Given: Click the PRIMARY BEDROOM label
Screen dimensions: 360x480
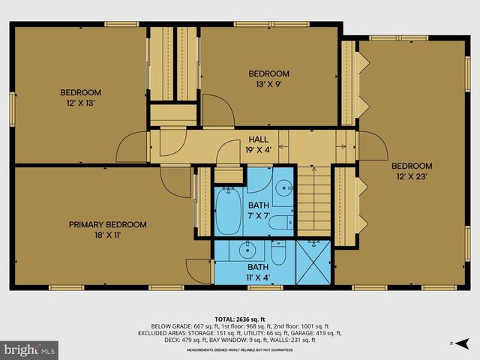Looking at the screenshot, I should point(107,224).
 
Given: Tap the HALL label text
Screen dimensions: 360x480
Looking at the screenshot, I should point(258,139).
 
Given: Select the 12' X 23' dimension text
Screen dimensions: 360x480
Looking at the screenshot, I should point(412,177).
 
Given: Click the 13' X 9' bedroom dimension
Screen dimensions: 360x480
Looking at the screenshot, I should point(268,85).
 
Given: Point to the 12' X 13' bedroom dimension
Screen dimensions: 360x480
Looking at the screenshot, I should point(80,103).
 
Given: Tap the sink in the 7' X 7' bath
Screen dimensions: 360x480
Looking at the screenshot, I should point(283,188).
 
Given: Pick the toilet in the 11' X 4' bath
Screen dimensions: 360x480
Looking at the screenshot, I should point(277,253).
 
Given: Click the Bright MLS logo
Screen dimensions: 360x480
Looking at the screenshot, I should point(30,349).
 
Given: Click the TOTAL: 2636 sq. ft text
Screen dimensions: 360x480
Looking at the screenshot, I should point(239,317).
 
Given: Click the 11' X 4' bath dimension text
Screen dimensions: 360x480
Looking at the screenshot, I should point(258,277).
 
